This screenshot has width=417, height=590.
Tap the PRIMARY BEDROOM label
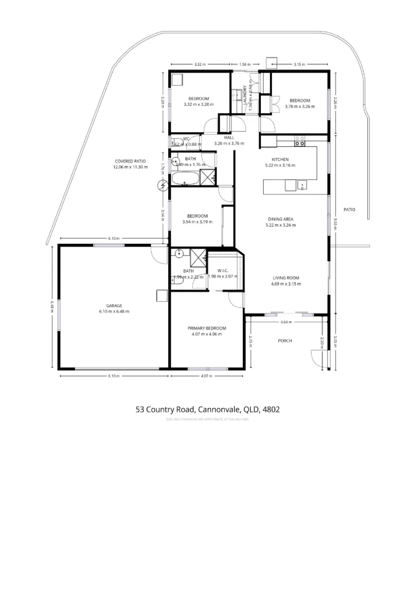(x=207, y=328)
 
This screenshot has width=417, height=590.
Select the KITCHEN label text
(x=279, y=160)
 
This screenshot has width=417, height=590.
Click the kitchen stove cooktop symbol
(x=300, y=141)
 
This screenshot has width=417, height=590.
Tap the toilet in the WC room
(x=176, y=143)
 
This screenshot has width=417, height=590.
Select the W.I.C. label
(x=223, y=271)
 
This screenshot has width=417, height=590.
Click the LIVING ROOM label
(x=285, y=278)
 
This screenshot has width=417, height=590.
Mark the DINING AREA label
(x=280, y=219)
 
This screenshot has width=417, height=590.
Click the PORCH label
(x=284, y=340)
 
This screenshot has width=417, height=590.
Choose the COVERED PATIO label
(x=130, y=161)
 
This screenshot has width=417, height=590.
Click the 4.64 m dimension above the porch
(x=285, y=322)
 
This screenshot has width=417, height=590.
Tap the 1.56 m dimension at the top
(x=245, y=64)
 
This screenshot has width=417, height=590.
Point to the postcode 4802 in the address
(x=271, y=409)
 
